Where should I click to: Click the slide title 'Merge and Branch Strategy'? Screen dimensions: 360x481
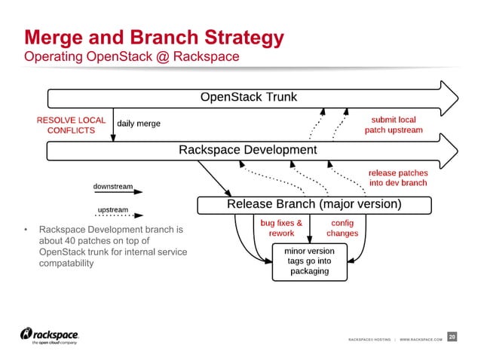(154, 38)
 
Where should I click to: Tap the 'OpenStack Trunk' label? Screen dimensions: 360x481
(248, 97)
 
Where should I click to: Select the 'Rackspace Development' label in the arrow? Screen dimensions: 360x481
(247, 150)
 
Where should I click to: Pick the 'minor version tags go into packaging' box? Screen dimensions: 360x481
(310, 261)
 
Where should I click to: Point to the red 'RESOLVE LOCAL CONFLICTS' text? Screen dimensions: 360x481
(71, 125)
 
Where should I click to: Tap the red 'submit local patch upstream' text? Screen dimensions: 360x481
(393, 125)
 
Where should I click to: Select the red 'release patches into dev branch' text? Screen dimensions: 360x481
(397, 178)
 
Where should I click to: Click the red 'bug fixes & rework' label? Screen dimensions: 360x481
(281, 227)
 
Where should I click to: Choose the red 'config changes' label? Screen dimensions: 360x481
(342, 227)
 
